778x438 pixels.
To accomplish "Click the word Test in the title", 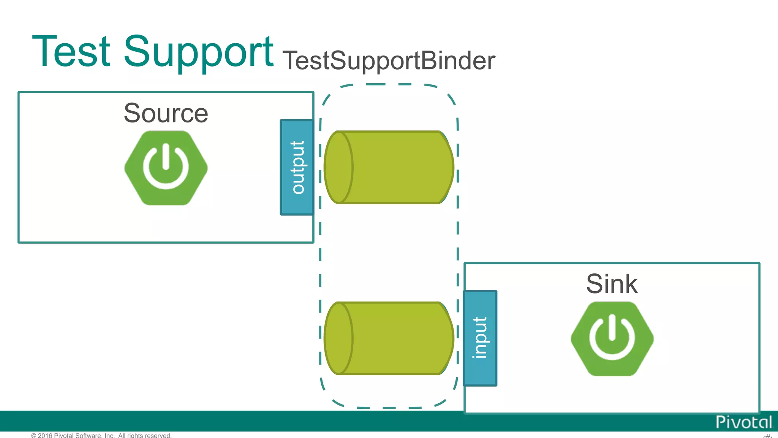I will pyautogui.click(x=71, y=51).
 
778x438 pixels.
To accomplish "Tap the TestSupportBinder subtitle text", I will pyautogui.click(x=389, y=60).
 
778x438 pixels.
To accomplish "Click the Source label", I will pyautogui.click(x=166, y=113).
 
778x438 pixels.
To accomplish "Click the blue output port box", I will pyautogui.click(x=297, y=167).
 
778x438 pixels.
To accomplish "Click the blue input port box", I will pyautogui.click(x=480, y=338).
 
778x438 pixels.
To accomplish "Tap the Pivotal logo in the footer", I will pyautogui.click(x=743, y=422).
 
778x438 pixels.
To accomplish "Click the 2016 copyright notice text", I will pyautogui.click(x=101, y=435).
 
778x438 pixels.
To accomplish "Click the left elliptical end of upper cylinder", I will pyautogui.click(x=338, y=167).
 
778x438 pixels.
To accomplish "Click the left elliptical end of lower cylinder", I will pyautogui.click(x=338, y=338).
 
